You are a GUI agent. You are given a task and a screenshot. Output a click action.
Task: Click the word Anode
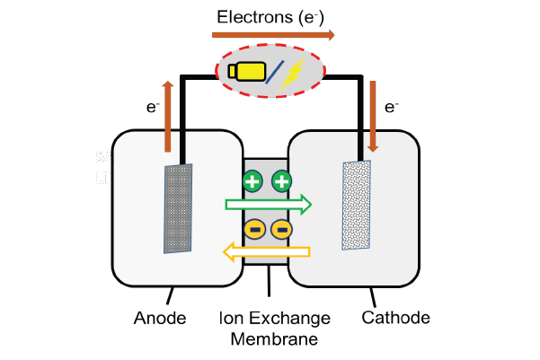coord(160,318)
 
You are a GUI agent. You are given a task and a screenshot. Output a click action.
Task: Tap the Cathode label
coord(395,317)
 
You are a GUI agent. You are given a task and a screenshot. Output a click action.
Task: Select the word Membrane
coord(274,339)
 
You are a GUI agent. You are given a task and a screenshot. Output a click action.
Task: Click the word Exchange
coord(289,319)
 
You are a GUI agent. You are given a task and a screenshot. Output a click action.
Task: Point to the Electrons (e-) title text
coord(270,17)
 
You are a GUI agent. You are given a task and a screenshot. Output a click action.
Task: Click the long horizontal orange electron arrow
coord(273,35)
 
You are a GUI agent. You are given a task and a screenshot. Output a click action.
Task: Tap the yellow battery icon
coord(247,72)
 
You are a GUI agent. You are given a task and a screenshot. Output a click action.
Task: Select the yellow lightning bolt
coord(292,74)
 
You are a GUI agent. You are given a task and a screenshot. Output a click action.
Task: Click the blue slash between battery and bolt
coord(274,72)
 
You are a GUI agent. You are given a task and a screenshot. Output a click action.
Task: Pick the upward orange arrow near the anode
coord(168,117)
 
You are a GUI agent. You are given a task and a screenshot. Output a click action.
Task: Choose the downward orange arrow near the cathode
coord(373,117)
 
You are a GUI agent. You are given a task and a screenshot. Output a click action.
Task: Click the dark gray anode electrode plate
coord(178,208)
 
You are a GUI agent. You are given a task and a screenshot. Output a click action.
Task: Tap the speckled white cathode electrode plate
coord(357,205)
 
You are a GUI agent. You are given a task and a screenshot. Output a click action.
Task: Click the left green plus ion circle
coord(252,181)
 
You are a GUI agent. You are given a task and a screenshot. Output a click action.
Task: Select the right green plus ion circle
coord(282,181)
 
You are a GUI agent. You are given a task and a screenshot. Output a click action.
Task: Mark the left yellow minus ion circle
coord(255,230)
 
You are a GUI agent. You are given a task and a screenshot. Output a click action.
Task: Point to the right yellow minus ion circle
coord(282,230)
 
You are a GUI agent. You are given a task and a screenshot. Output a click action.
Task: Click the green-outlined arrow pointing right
coord(269,205)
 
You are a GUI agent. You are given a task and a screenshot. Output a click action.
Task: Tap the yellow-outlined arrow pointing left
coord(267,252)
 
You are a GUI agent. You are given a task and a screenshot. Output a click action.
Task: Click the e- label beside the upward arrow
coord(153,107)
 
